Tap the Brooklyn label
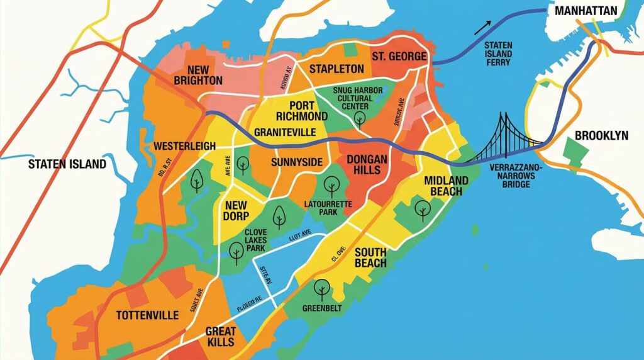point(601,136)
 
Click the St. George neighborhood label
point(399,57)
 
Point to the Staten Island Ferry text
point(498,54)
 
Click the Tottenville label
point(148,315)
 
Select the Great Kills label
point(220,337)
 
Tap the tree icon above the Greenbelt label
point(321,289)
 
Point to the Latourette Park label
point(329,208)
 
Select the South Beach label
point(370,257)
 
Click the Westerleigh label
point(180,146)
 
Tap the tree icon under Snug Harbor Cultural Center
point(360,120)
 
